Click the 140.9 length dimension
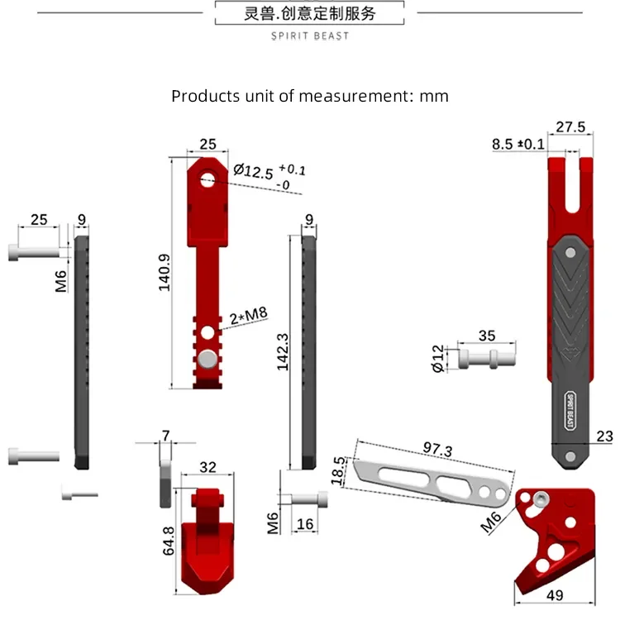165,273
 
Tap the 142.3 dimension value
283,352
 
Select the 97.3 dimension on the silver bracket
437,449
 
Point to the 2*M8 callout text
249,316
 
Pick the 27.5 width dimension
570,127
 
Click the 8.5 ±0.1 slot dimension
518,144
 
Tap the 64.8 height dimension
169,541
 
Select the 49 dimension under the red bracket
555,594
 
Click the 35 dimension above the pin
487,336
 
